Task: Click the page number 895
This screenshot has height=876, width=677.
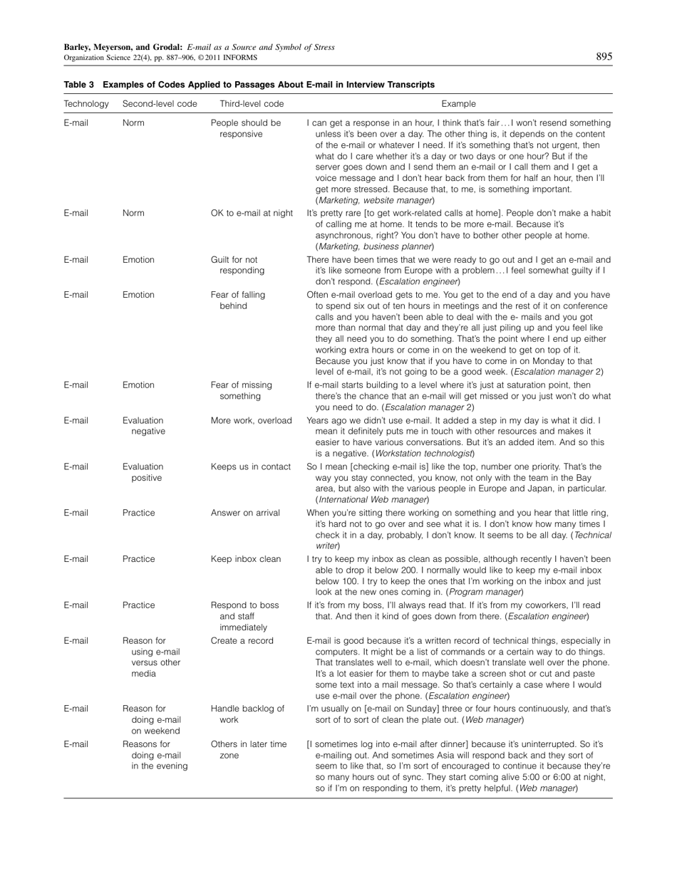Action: point(604,57)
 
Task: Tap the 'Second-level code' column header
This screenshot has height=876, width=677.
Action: point(160,104)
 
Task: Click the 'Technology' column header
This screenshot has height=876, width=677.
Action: point(86,104)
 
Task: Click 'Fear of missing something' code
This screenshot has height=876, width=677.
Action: point(239,390)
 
